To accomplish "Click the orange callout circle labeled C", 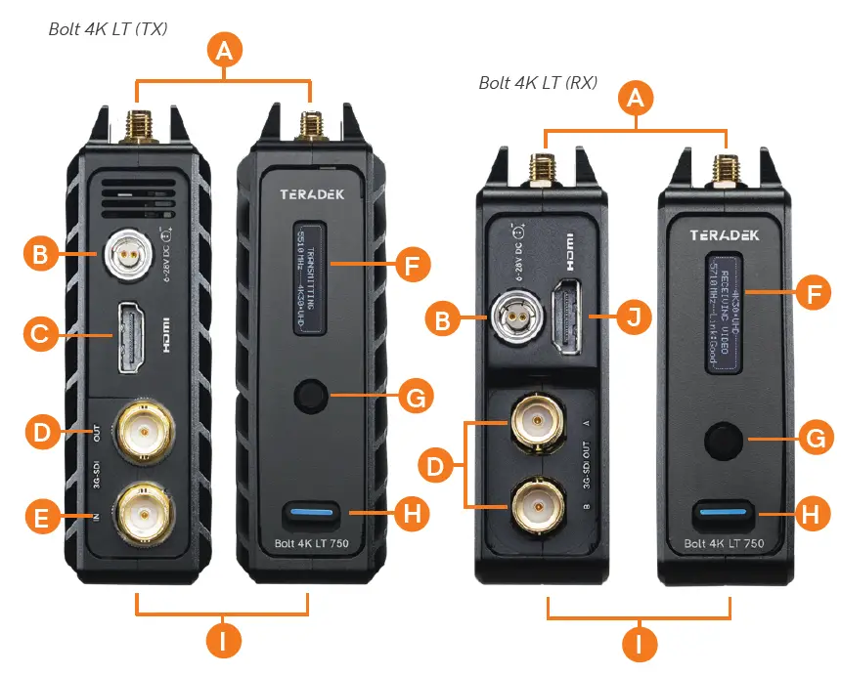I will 38,336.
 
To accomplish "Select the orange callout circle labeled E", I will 38,518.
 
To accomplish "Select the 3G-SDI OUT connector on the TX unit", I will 145,430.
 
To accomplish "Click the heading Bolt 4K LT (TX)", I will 109,29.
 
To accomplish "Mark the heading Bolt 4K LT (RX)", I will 538,83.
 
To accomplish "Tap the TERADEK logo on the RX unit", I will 726,235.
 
